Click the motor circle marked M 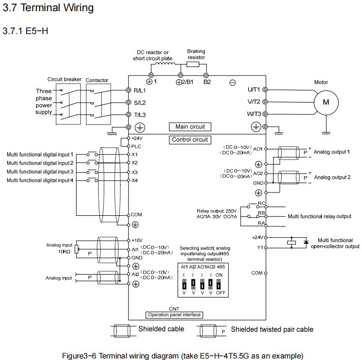point(326,102)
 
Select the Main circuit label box point(190,126)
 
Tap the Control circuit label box point(190,140)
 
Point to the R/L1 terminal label point(139,90)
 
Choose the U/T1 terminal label point(254,90)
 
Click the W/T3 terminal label point(254,114)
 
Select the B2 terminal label point(207,82)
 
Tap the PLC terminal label point(136,146)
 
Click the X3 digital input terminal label point(135,172)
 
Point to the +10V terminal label point(137,240)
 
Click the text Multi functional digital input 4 point(40,180)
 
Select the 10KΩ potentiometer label point(64,251)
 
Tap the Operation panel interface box point(174,315)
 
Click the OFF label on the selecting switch point(220,293)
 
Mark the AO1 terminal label point(258,149)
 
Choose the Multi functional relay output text point(319,216)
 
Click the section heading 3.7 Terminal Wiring point(48,8)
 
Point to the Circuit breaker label point(65,80)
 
